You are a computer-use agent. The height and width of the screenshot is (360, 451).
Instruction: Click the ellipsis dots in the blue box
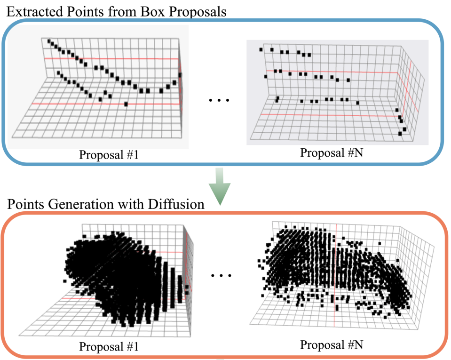217,100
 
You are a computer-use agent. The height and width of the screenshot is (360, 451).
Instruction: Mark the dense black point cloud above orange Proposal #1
127,278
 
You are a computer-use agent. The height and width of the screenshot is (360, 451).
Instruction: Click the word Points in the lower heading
24,206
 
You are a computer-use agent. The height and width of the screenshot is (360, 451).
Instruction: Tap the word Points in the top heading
82,11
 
